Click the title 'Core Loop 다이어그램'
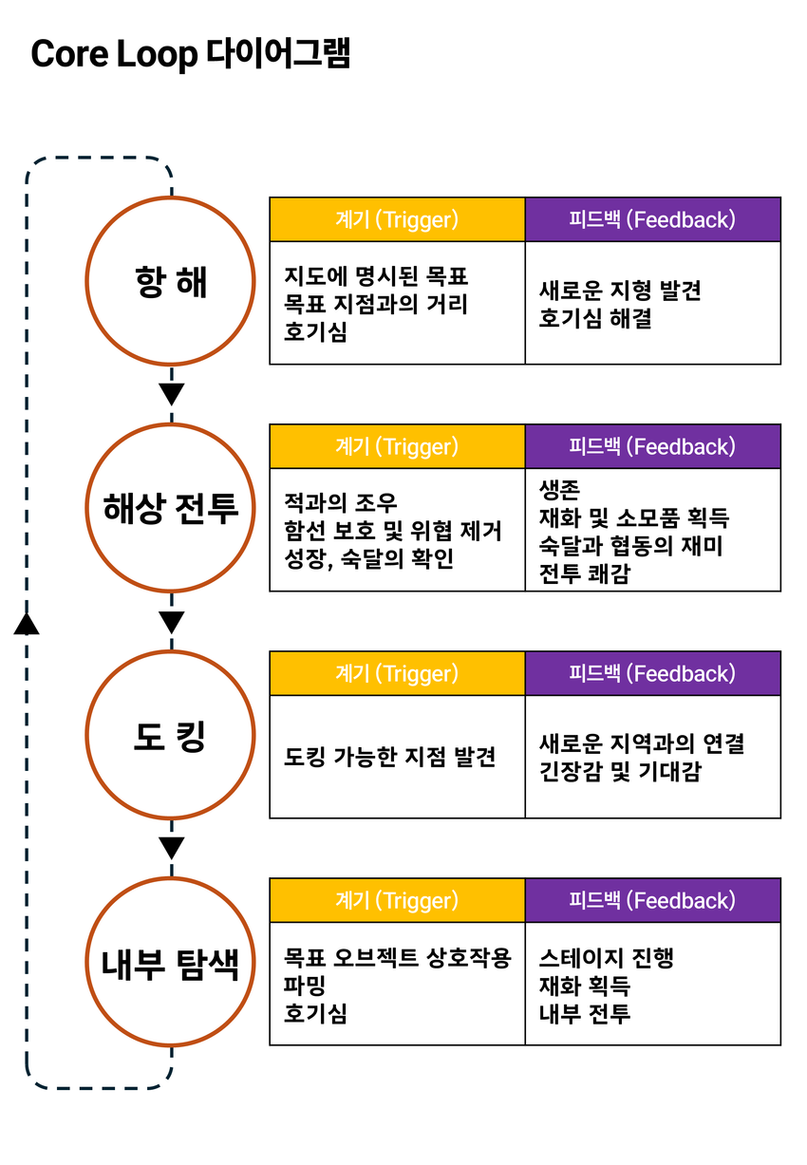(191, 54)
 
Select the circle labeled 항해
(171, 281)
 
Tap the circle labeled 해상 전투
(171, 508)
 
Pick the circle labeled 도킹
(171, 735)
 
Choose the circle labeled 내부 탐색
(171, 962)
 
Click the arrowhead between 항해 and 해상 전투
(171, 393)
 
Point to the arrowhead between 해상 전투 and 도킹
(171, 622)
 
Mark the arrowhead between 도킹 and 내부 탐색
(171, 848)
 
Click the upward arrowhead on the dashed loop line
(27, 622)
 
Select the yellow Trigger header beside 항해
(397, 219)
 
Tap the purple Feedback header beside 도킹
(652, 673)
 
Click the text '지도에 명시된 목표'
(376, 276)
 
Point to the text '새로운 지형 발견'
(620, 291)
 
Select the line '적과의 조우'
(341, 502)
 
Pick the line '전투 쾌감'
(584, 573)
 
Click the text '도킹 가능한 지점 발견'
(390, 757)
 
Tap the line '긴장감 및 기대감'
(619, 771)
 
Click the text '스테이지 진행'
(606, 956)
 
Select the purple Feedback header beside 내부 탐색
(652, 900)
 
